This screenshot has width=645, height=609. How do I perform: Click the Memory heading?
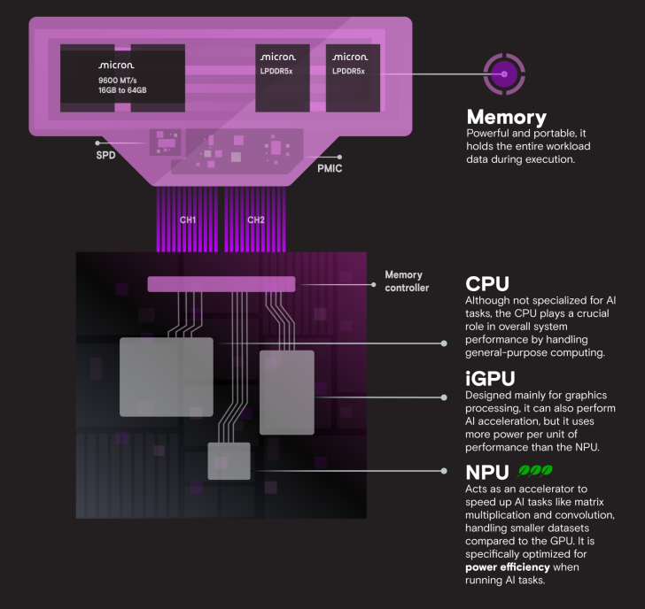pyautogui.click(x=506, y=117)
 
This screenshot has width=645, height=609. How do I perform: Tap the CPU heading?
pyautogui.click(x=487, y=284)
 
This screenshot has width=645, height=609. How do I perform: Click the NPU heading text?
pyautogui.click(x=487, y=472)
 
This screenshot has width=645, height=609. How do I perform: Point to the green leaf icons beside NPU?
pyautogui.click(x=535, y=472)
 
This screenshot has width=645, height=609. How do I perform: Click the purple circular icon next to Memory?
pyautogui.click(x=504, y=73)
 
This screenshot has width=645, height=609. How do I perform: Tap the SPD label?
pyautogui.click(x=106, y=156)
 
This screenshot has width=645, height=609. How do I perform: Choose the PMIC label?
pyautogui.click(x=330, y=166)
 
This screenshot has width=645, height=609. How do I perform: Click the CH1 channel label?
pyautogui.click(x=188, y=220)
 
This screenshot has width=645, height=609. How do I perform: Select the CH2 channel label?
pyautogui.click(x=256, y=220)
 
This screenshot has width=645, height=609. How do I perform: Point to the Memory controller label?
pyautogui.click(x=406, y=281)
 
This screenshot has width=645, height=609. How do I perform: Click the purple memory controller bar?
pyautogui.click(x=221, y=284)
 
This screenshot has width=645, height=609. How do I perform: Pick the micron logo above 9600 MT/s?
pyautogui.click(x=116, y=66)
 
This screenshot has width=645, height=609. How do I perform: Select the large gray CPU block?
pyautogui.click(x=167, y=376)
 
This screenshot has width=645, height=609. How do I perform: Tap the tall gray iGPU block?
pyautogui.click(x=286, y=392)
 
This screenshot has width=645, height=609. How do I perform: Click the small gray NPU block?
pyautogui.click(x=229, y=461)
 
